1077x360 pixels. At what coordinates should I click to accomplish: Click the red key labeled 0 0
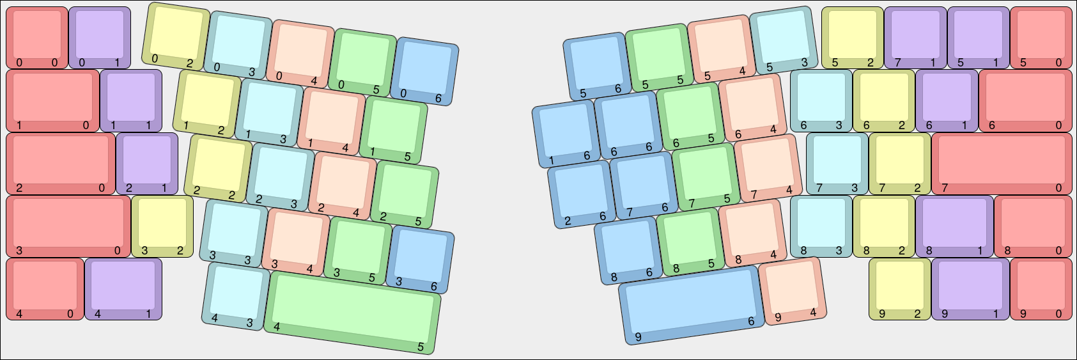(37, 38)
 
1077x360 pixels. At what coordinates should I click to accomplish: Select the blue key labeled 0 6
(424, 71)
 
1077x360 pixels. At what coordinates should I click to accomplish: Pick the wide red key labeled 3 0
(68, 226)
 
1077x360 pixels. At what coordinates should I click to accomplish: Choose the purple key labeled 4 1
(123, 289)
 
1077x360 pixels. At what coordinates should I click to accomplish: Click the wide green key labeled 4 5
(352, 313)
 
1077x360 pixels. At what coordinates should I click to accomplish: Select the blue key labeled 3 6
(420, 260)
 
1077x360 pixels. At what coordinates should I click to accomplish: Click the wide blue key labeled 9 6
(692, 305)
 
